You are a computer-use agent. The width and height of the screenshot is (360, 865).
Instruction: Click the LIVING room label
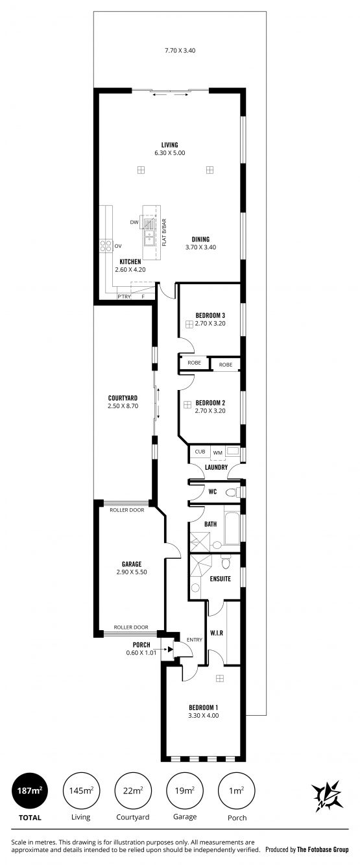[x=169, y=145]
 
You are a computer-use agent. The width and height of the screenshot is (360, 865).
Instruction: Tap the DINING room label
[x=200, y=239]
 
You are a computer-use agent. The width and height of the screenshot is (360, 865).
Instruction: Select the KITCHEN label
[x=130, y=262]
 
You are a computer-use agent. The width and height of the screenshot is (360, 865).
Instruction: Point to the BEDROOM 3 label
[x=210, y=315]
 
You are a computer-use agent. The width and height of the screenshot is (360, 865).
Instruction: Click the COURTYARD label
[x=123, y=398]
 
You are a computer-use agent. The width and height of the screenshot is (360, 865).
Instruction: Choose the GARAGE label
[x=132, y=564]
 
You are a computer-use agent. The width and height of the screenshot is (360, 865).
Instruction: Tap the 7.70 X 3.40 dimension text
[x=180, y=50]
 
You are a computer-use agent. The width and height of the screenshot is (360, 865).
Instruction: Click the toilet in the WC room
[x=232, y=493]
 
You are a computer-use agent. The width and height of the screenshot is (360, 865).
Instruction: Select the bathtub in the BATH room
[x=232, y=528]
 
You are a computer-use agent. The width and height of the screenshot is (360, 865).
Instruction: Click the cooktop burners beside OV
[x=106, y=246]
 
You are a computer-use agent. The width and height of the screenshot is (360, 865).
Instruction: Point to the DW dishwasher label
[x=134, y=223]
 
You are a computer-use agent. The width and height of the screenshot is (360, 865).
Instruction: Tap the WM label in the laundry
[x=217, y=453]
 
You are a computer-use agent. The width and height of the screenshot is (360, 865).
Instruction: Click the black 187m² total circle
[x=30, y=790]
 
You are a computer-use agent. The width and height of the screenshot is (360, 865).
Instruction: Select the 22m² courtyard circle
[x=132, y=790]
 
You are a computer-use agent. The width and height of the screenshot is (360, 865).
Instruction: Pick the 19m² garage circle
[x=184, y=790]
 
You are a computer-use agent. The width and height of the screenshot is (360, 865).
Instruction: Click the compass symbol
[x=328, y=796]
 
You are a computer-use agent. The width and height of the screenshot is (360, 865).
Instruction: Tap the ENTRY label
[x=195, y=639]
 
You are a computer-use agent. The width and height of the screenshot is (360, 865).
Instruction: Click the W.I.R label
[x=217, y=633]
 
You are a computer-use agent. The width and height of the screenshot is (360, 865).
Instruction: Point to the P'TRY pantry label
[x=125, y=297]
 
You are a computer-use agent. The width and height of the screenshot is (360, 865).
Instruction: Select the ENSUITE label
[x=221, y=578]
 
